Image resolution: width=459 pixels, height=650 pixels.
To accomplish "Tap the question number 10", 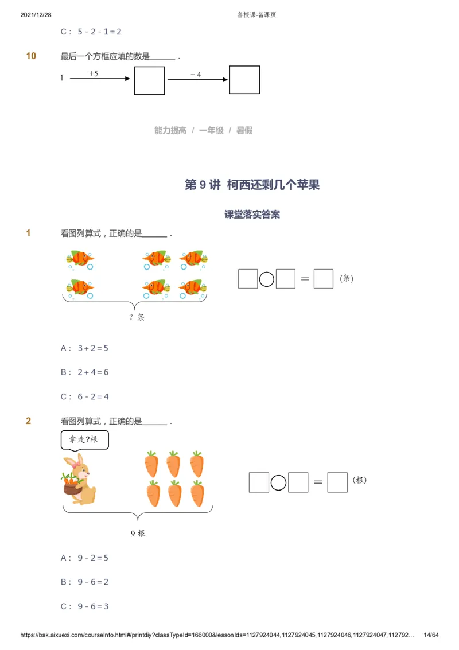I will (31, 56).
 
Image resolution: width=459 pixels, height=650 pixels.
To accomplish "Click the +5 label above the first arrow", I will (94, 73).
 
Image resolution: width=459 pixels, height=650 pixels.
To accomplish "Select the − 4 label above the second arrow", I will (196, 75).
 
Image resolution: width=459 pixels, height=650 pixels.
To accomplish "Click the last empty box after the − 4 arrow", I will (244, 80).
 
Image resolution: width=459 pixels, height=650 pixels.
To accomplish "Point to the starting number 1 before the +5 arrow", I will (62, 78).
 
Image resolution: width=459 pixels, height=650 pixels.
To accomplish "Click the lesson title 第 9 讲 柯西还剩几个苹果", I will (252, 185).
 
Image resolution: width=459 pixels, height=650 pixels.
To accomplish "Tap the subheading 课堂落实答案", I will (252, 215).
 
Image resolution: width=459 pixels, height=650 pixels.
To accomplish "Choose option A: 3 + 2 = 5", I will (85, 348).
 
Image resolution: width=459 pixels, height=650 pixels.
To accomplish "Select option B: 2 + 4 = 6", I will (85, 372).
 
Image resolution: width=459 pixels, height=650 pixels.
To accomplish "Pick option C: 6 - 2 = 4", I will (85, 396).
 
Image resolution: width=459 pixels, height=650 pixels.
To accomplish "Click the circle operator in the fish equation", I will (266, 279).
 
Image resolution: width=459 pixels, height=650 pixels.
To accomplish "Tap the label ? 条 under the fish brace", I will (137, 317).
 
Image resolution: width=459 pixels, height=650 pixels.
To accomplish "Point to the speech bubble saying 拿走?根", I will (84, 440).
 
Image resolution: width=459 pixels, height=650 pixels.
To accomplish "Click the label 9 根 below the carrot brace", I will (138, 533).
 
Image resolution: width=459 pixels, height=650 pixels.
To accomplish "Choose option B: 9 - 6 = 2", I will (85, 582).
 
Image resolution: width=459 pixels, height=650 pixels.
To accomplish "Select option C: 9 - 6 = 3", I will (85, 606).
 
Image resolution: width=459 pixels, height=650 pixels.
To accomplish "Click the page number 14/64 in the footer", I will (430, 635).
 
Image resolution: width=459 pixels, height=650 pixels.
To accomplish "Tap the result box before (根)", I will (337, 482).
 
